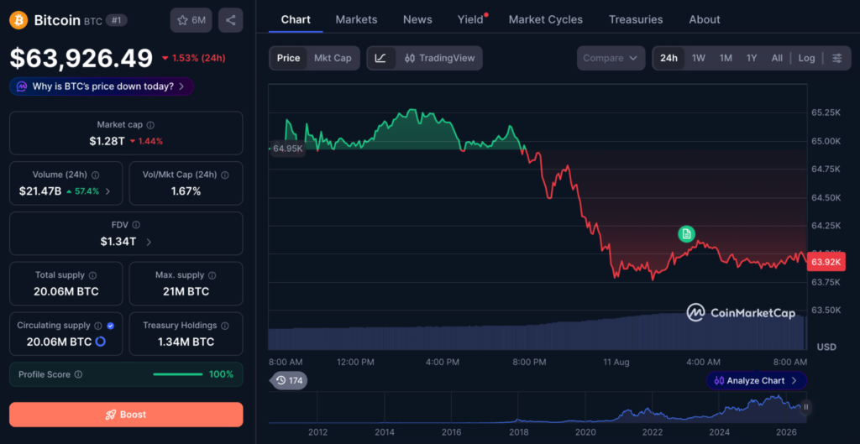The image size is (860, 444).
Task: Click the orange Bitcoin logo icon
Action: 18,20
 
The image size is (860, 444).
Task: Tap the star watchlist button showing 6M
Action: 191,20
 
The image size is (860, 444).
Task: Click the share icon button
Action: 230,20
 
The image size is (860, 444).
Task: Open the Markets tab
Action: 356,20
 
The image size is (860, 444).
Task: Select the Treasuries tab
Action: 636,20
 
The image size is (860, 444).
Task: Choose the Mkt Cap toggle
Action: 333,58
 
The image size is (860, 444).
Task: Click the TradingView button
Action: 439,58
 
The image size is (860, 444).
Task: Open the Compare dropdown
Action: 611,58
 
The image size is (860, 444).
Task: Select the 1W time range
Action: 698,58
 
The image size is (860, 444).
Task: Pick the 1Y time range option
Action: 752,58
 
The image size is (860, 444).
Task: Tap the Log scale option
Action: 806,58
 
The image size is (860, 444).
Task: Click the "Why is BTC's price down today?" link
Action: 102,86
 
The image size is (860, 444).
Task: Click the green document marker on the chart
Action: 686,234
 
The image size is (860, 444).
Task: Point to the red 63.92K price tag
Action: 826,262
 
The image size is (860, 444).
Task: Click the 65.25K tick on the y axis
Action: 826,112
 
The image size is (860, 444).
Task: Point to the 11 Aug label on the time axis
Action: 616,362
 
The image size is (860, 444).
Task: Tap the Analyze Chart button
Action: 757,380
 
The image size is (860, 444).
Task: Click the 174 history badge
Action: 289,380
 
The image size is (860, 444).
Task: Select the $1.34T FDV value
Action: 118,241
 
